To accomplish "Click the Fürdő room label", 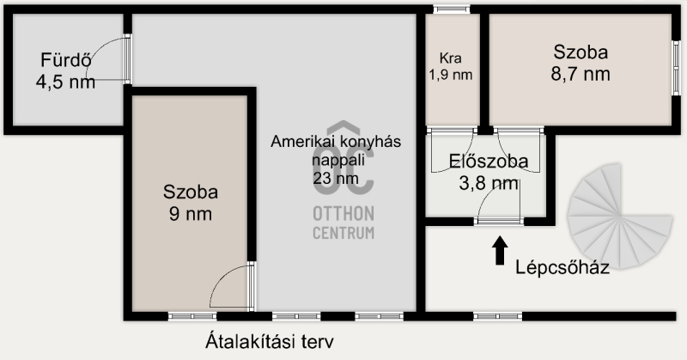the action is [x=66, y=60].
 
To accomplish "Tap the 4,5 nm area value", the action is [x=66, y=82].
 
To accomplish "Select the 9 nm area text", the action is [x=191, y=214].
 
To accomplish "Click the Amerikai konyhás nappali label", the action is [x=336, y=150].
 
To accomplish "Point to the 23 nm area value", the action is [x=336, y=178].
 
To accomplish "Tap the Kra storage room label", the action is [x=450, y=58].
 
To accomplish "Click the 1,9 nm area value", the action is [x=450, y=75].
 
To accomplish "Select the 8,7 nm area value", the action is [x=581, y=74].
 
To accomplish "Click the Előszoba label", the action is [x=489, y=162].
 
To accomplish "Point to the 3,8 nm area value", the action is [x=489, y=183].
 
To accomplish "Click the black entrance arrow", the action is [x=500, y=250].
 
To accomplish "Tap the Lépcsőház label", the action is [x=562, y=267].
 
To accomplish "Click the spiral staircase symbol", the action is [x=619, y=216].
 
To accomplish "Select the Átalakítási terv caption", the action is [x=270, y=342].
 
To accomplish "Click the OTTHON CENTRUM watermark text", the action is [x=343, y=223].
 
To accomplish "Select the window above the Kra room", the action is [x=452, y=9].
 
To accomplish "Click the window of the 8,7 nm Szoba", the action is [x=676, y=69].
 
